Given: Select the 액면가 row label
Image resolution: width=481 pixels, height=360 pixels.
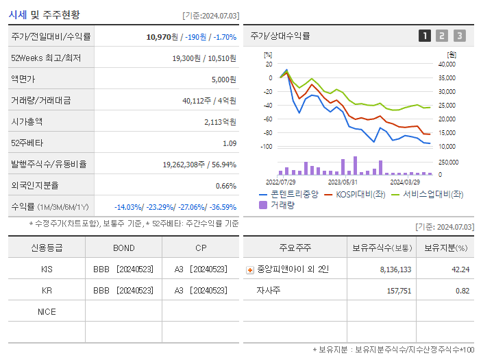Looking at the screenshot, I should click(x=25, y=80).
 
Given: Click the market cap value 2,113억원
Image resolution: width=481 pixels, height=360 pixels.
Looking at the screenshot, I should click(x=220, y=122).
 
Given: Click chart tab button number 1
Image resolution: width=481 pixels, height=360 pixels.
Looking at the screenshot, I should click(x=425, y=36).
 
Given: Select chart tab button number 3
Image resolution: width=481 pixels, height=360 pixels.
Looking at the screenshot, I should click(x=459, y=36).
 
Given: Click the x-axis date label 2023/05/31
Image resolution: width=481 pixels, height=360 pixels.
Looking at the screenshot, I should click(x=343, y=182).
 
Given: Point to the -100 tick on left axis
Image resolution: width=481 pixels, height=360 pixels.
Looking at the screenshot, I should click(x=267, y=147).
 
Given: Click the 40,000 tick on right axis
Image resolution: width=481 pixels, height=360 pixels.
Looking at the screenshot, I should click(x=446, y=64).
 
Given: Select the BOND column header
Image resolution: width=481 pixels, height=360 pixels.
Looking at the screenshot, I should click(x=123, y=248).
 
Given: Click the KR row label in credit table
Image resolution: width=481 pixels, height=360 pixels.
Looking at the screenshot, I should click(x=47, y=291).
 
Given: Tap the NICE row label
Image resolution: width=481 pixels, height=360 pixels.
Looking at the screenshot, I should click(x=47, y=312).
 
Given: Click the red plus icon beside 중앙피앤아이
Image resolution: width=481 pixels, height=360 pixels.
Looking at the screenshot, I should click(x=250, y=270).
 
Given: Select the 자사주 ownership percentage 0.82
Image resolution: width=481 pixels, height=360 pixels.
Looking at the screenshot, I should click(x=462, y=291).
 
